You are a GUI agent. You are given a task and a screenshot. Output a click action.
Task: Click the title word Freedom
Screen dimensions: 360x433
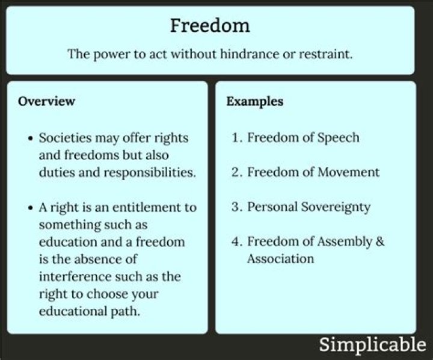[x=209, y=26]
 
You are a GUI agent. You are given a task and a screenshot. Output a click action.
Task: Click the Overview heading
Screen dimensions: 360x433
[x=46, y=101]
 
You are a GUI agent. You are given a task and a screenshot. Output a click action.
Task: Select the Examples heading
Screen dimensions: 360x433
[x=255, y=101]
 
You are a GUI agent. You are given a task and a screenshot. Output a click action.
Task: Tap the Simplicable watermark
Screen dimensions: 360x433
[x=372, y=345]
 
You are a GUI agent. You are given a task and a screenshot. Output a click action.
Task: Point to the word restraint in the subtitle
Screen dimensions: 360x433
[x=325, y=54]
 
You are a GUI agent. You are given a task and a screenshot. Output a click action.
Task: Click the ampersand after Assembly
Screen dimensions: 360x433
[x=379, y=242]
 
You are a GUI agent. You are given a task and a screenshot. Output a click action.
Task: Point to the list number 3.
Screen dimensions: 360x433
[x=236, y=207]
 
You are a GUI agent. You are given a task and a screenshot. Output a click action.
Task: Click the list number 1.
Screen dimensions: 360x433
[x=236, y=138]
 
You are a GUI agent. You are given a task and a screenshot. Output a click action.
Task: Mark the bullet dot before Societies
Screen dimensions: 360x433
[x=31, y=138]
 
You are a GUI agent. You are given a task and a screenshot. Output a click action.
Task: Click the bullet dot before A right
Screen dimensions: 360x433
[x=31, y=208]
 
